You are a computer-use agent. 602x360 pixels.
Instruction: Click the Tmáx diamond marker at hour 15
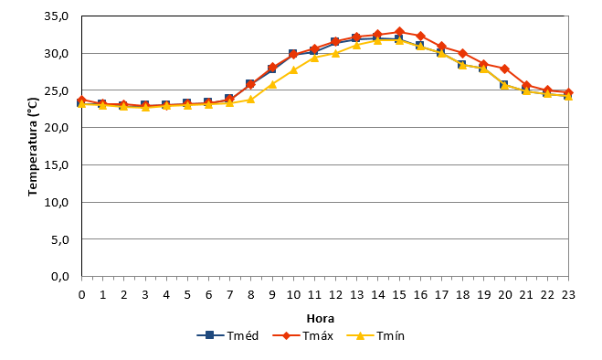pyautogui.click(x=399, y=31)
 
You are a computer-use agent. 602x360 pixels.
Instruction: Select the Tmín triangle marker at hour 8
pyautogui.click(x=250, y=99)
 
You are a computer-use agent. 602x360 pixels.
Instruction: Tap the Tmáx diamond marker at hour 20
pyautogui.click(x=505, y=69)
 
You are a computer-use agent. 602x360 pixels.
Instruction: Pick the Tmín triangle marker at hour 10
pyautogui.click(x=293, y=69)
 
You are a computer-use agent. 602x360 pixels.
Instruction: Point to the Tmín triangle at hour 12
pyautogui.click(x=335, y=53)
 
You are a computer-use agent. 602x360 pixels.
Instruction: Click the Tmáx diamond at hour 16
pyautogui.click(x=420, y=37)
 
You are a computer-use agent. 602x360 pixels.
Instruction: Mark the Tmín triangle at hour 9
pyautogui.click(x=272, y=84)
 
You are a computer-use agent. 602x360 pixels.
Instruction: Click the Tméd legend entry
pyautogui.click(x=227, y=335)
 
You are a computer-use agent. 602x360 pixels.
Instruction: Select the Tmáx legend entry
pyautogui.click(x=303, y=335)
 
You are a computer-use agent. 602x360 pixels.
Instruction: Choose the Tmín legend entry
pyautogui.click(x=375, y=335)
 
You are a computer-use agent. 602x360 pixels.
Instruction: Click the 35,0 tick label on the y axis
pyautogui.click(x=56, y=16)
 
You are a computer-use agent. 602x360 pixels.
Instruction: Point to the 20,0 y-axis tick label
pyautogui.click(x=56, y=128)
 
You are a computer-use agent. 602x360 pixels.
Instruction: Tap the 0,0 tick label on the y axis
pyautogui.click(x=59, y=276)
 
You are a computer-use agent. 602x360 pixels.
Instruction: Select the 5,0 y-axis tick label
pyautogui.click(x=59, y=239)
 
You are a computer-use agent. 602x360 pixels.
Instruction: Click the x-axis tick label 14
pyautogui.click(x=378, y=295)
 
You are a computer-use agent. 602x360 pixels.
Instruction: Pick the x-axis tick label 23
pyautogui.click(x=568, y=295)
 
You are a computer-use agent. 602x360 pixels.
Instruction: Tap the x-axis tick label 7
pyautogui.click(x=229, y=295)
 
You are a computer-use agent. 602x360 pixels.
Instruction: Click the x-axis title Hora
pyautogui.click(x=321, y=319)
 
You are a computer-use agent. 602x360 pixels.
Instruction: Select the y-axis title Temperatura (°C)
pyautogui.click(x=33, y=146)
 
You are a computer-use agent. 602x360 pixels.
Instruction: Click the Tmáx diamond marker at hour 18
pyautogui.click(x=462, y=53)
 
